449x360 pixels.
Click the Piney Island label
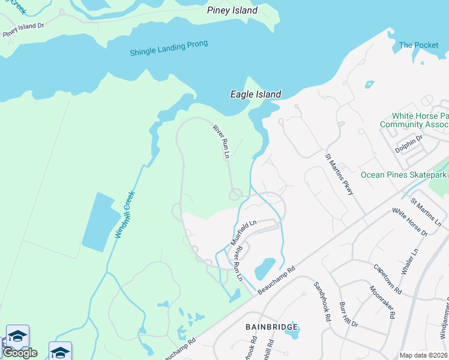click(x=232, y=10)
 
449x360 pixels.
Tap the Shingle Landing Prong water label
click(x=169, y=49)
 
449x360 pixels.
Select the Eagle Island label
click(x=256, y=94)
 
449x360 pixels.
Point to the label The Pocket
click(x=418, y=45)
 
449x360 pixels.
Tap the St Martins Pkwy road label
click(x=339, y=174)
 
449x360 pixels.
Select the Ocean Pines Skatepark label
click(x=403, y=175)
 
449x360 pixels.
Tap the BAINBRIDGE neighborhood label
click(x=272, y=327)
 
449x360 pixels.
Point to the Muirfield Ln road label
click(x=244, y=233)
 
